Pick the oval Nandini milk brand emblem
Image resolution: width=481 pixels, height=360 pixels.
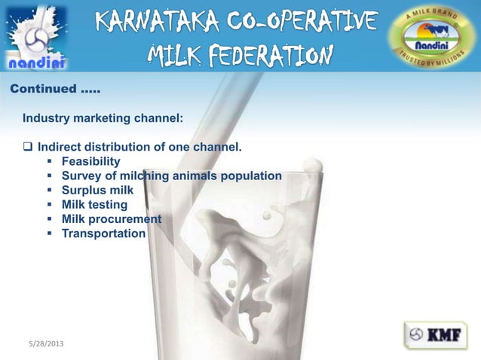[432, 36]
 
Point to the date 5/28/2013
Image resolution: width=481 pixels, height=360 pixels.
[42, 343]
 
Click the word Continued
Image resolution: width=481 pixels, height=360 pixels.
[41, 90]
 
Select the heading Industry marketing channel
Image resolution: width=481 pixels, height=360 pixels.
[102, 118]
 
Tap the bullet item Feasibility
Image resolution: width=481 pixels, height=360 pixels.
[90, 161]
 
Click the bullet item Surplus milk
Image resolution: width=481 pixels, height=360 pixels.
[97, 190]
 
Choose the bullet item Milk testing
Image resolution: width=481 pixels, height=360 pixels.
[94, 204]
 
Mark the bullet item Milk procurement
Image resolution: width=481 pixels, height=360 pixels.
[112, 218]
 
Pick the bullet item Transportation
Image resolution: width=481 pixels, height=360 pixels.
[103, 233]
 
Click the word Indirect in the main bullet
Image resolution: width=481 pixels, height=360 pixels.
[60, 147]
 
